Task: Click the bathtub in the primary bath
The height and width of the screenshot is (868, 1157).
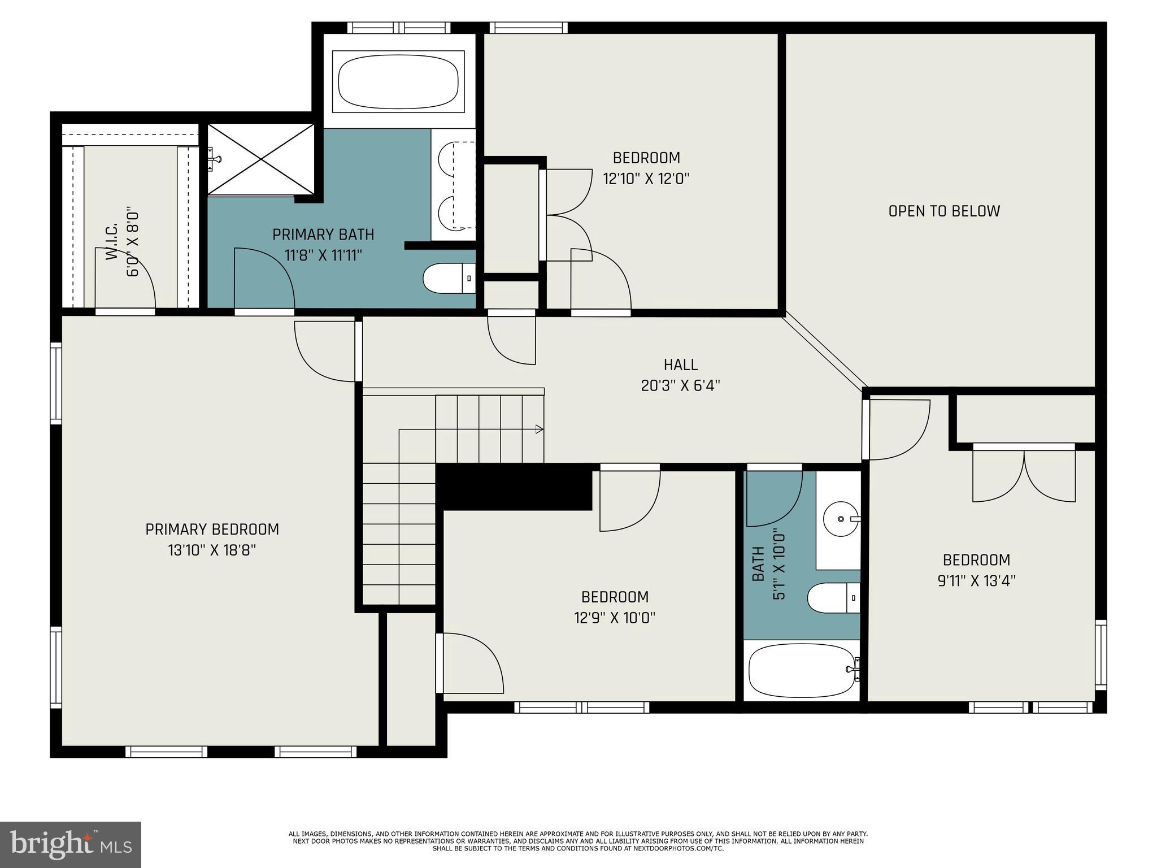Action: tap(398, 80)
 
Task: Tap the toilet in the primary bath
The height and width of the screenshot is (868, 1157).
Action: tap(450, 278)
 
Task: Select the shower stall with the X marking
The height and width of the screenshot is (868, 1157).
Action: tap(260, 159)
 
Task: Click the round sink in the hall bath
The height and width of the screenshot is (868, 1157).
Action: tap(841, 518)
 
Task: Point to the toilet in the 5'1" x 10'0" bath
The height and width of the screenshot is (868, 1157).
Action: tap(834, 598)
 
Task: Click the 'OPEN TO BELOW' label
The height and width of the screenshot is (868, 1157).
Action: tap(944, 211)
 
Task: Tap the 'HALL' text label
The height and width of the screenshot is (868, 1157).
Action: tap(681, 364)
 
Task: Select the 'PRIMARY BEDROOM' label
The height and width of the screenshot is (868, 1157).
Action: tap(212, 530)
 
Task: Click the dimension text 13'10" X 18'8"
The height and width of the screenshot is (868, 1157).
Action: tap(212, 550)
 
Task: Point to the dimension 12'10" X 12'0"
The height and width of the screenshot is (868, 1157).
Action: tap(646, 179)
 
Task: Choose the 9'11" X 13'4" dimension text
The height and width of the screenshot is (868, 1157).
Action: tap(977, 581)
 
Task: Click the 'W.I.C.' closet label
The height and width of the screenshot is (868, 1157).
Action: tap(112, 241)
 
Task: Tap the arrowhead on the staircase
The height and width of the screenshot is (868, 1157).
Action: tap(540, 429)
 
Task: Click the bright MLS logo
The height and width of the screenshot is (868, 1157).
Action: tap(71, 845)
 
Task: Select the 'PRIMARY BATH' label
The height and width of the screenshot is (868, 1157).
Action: tap(323, 235)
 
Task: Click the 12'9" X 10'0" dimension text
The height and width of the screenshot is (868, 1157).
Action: tap(615, 618)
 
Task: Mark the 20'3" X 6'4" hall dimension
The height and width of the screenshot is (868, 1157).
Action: tap(681, 385)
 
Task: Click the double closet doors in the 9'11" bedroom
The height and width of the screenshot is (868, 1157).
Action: tap(1024, 474)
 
